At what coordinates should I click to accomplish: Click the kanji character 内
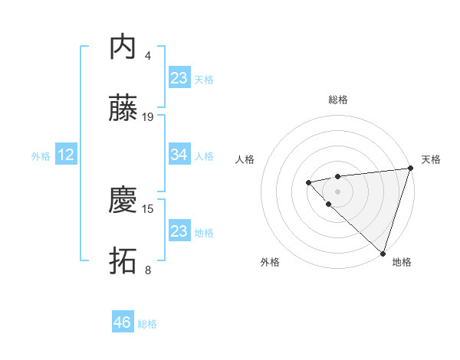tap(123, 47)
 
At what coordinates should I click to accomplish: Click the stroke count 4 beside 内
tap(148, 55)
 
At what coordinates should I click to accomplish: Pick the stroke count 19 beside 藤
tap(148, 117)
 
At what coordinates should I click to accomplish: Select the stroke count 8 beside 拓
tap(148, 270)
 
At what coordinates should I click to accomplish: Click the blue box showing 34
tap(179, 155)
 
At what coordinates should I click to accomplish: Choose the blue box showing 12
tap(66, 155)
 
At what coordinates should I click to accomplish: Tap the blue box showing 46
tap(123, 322)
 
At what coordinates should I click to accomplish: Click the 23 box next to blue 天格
tap(179, 77)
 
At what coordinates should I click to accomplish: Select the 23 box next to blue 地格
tap(179, 231)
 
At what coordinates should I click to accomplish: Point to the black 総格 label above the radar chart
tap(338, 100)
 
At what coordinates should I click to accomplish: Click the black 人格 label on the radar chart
tap(245, 159)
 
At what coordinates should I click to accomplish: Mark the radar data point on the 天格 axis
tap(410, 169)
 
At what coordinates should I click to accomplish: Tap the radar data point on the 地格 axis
tap(383, 253)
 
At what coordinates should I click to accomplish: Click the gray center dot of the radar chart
tap(338, 191)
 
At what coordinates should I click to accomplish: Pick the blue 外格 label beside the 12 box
tap(41, 155)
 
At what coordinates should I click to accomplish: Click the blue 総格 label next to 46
tap(147, 324)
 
